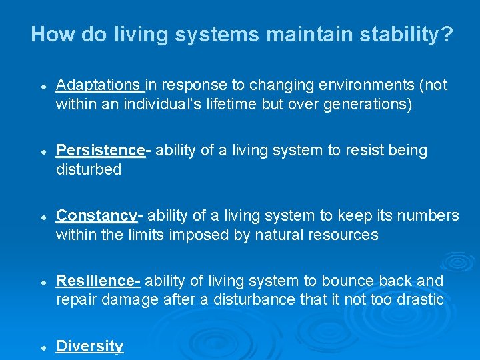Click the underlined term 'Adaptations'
[x=99, y=85]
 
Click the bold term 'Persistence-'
[x=103, y=151]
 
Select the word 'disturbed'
[x=89, y=169]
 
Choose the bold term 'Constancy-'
[x=99, y=216]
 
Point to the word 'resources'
[x=346, y=235]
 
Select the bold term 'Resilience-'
[x=98, y=281]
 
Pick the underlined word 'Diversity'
[x=90, y=346]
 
